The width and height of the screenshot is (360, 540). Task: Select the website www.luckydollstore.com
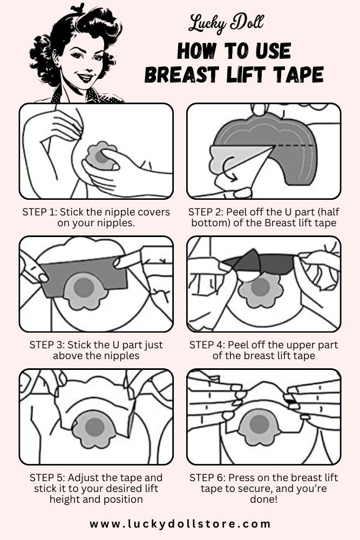[x=180, y=524]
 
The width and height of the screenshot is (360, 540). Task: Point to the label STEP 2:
[x=207, y=212]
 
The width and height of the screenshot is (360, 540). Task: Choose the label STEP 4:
[x=207, y=345]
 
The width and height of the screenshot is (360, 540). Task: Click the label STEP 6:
[x=208, y=478]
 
